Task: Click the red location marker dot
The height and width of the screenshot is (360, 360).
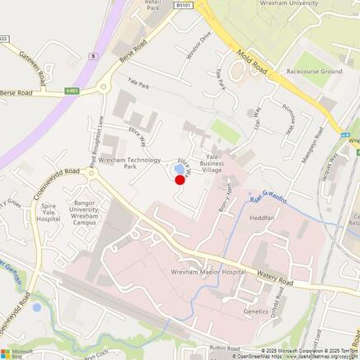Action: click(180, 180)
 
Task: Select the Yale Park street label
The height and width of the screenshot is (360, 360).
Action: click(138, 84)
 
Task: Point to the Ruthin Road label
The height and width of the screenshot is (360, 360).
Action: click(222, 348)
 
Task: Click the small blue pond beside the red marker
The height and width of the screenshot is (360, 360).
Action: click(178, 170)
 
